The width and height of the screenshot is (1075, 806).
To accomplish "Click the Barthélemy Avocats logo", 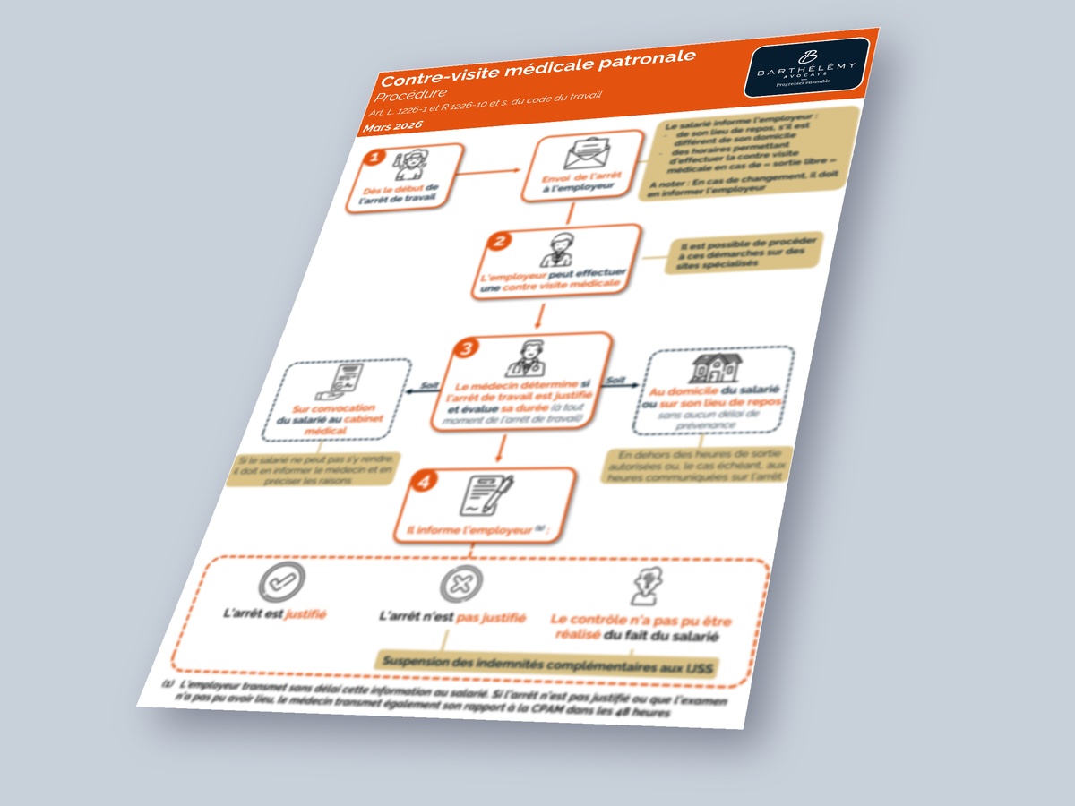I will (x=805, y=68).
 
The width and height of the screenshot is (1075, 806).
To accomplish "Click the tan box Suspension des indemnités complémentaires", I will (x=548, y=664).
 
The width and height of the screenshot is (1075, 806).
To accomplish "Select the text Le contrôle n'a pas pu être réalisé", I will (x=640, y=628).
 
